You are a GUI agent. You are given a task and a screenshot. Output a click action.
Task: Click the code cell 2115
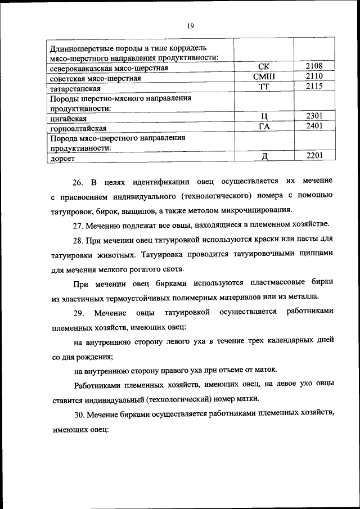tap(314, 86)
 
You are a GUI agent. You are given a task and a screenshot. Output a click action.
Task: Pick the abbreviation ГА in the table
tap(263, 127)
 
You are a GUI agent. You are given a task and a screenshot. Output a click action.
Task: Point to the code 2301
tap(314, 116)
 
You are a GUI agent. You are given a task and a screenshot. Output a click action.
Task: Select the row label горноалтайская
tap(78, 129)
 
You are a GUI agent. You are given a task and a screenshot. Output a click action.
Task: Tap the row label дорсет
tap(62, 159)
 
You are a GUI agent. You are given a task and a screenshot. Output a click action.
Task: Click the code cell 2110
tap(314, 76)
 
